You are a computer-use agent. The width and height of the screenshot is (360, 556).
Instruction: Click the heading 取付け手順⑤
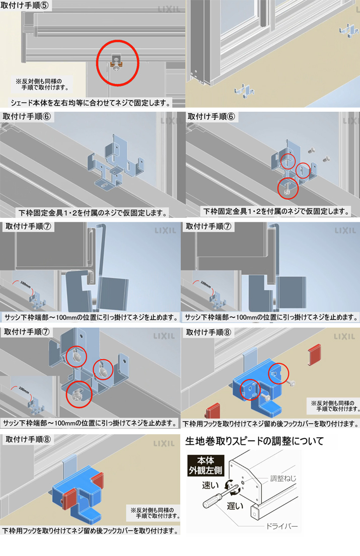click(x=25, y=5)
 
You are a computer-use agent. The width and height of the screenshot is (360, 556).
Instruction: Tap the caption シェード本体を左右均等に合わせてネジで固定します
click(x=91, y=103)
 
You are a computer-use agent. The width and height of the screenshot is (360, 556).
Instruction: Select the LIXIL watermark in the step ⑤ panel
click(x=169, y=9)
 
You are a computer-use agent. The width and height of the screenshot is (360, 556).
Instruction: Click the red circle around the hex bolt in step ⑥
click(x=287, y=188)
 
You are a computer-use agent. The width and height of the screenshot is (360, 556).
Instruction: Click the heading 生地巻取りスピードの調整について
click(x=254, y=441)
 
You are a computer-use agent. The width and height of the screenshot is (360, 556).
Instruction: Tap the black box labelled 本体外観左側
click(x=206, y=465)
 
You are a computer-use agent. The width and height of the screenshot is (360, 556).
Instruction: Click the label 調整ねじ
click(x=282, y=479)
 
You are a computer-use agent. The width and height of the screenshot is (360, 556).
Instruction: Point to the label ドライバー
click(x=281, y=526)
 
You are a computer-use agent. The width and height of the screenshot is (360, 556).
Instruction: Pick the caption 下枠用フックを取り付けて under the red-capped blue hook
click(x=90, y=530)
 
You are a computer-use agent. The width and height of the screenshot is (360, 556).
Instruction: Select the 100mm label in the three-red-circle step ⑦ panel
click(x=24, y=389)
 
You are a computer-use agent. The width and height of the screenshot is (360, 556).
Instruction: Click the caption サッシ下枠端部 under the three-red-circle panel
click(x=90, y=423)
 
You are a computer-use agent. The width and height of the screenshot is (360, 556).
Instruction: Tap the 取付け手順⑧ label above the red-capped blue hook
click(x=28, y=439)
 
